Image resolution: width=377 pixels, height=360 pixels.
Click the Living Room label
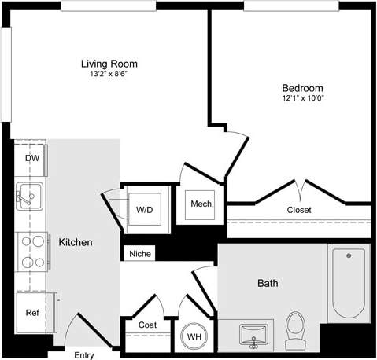[x=109, y=64]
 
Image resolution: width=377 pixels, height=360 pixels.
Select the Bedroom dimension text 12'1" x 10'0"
[x=302, y=100]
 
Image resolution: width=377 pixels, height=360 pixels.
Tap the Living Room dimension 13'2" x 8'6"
[x=109, y=75]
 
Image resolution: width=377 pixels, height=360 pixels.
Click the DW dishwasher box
[x=31, y=158]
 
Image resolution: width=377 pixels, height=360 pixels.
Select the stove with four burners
[x=31, y=252]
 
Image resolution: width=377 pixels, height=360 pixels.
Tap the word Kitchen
[x=76, y=242]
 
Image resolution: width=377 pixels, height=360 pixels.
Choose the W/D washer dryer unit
[x=145, y=210]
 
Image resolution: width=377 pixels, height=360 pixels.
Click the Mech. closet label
[x=198, y=204]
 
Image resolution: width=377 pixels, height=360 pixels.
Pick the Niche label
[x=140, y=254]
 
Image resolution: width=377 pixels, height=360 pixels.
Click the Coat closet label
[x=147, y=325]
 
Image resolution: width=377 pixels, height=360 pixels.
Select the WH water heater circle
[x=193, y=336]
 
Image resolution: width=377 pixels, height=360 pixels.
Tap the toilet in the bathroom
[x=295, y=330]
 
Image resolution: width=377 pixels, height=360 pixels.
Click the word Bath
[x=268, y=283]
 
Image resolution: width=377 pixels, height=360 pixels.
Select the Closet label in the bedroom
[x=298, y=210]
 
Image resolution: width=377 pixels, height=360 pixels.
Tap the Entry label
[x=84, y=354]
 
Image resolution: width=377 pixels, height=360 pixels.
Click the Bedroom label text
[x=302, y=88]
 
